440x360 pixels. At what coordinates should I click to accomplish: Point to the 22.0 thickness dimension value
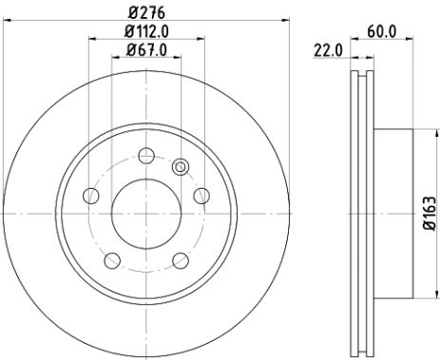point(328,50)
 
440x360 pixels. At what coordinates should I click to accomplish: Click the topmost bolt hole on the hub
point(144,156)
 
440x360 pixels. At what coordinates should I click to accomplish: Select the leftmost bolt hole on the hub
point(92,196)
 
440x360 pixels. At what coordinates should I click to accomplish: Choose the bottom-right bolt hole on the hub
point(179,258)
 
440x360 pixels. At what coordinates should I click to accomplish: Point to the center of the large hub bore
point(145,212)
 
